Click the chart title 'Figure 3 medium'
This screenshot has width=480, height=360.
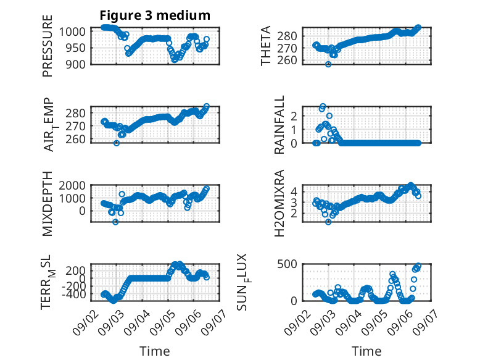click(x=155, y=15)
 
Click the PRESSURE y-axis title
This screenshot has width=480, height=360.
click(x=48, y=46)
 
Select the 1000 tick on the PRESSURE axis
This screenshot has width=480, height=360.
click(x=72, y=31)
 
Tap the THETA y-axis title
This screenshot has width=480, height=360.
click(x=266, y=46)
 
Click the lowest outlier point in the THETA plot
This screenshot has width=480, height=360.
click(x=328, y=64)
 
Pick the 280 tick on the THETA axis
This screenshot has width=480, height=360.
click(x=287, y=36)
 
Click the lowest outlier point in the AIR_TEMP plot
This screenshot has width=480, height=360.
click(x=117, y=143)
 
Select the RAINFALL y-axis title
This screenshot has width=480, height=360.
click(x=279, y=125)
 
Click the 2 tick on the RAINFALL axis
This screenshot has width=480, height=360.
click(x=294, y=116)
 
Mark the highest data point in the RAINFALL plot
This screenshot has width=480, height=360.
click(x=323, y=106)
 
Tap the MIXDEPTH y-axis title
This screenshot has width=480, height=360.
click(x=48, y=203)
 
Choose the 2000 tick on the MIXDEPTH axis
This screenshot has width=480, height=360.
click(x=72, y=185)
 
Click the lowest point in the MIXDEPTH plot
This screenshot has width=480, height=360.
click(x=115, y=222)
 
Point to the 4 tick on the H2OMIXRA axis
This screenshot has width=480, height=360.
click(x=294, y=192)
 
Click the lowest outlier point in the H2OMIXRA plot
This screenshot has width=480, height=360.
click(x=328, y=222)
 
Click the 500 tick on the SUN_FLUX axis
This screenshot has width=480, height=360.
click(x=287, y=264)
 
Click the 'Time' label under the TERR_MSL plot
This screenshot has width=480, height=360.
click(x=155, y=351)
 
